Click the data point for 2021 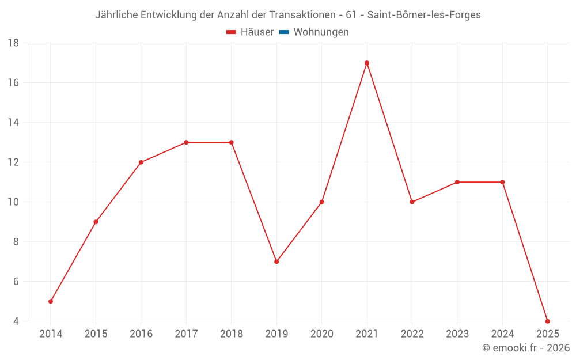tap(367, 63)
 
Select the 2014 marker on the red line tap(51, 301)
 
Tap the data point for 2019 tap(276, 262)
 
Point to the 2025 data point tap(547, 321)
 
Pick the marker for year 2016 tap(141, 162)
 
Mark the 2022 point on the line tap(412, 202)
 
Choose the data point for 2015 tap(96, 222)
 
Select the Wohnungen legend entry tap(321, 32)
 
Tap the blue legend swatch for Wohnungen tap(284, 32)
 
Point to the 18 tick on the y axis tap(13, 43)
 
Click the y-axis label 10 tap(13, 202)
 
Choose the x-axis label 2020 tap(321, 334)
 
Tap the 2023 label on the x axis tap(457, 334)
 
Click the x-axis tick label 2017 tap(186, 334)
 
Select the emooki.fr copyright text tap(526, 348)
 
